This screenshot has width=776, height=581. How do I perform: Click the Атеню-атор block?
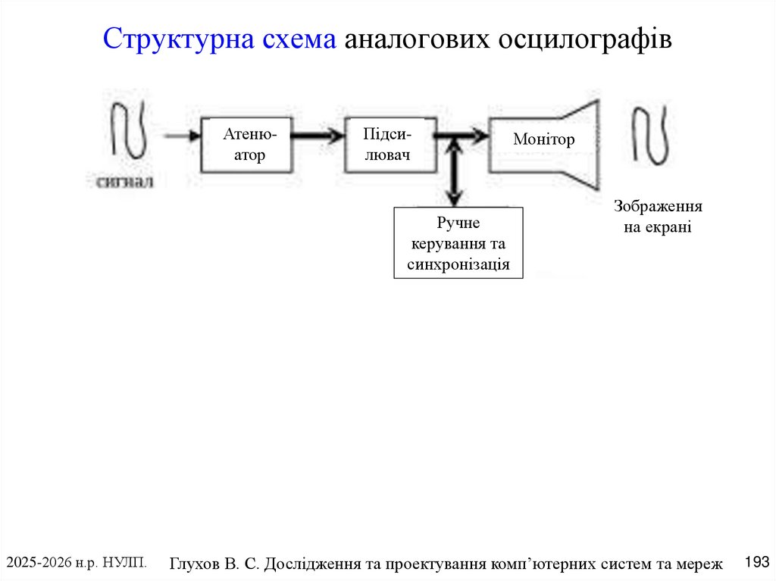click(244, 145)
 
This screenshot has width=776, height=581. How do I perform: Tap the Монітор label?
click(543, 139)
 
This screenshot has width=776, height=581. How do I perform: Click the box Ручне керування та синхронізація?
click(458, 243)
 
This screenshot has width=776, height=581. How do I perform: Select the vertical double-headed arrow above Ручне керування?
click(454, 172)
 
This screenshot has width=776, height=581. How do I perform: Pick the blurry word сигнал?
click(124, 181)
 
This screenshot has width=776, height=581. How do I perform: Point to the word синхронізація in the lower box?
click(458, 264)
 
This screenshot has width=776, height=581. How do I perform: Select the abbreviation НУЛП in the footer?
click(124, 562)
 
